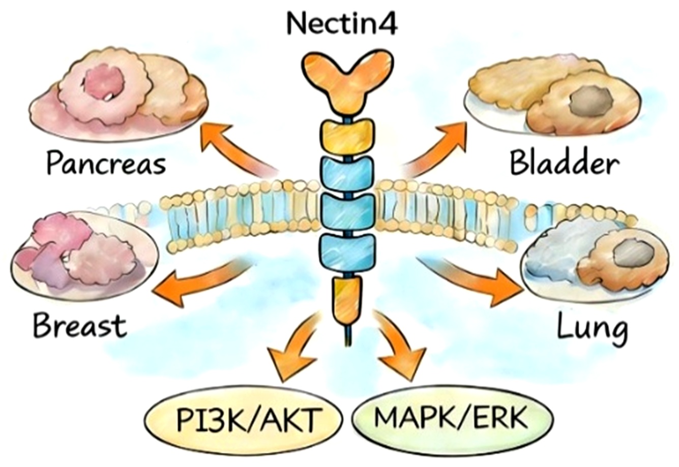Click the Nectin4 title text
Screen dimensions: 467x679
pyautogui.click(x=342, y=23)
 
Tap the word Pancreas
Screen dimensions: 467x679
pyautogui.click(x=106, y=164)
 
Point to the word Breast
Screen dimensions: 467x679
pyautogui.click(x=80, y=325)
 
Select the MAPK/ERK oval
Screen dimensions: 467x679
pyautogui.click(x=452, y=418)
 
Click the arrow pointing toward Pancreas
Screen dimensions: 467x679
pyautogui.click(x=229, y=147)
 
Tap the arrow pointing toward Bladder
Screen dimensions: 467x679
pyautogui.click(x=442, y=147)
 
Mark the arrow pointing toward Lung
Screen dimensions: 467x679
pyautogui.click(x=473, y=282)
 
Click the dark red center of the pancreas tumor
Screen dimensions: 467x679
pyautogui.click(x=102, y=81)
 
